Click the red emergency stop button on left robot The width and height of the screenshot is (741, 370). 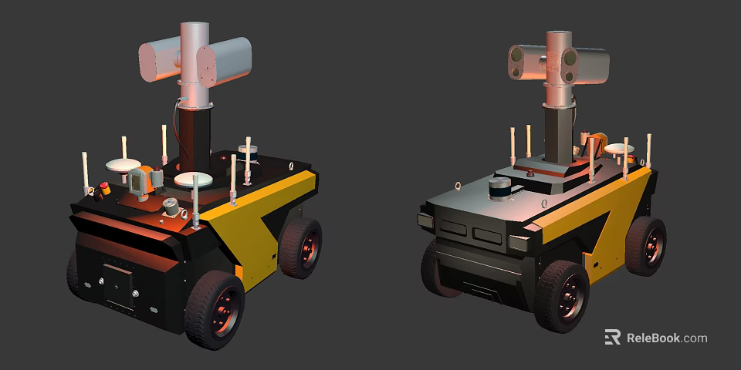click(x=104, y=187)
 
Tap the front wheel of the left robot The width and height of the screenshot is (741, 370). click(x=215, y=308)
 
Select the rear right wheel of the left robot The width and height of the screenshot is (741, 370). click(x=300, y=247)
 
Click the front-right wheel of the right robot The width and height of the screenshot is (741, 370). click(x=562, y=295)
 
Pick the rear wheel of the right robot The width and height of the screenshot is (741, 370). click(x=645, y=245)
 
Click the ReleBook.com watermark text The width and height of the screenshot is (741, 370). click(x=666, y=338)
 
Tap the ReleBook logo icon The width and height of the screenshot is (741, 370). click(x=612, y=338)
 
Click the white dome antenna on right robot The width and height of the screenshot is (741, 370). click(x=619, y=150)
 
